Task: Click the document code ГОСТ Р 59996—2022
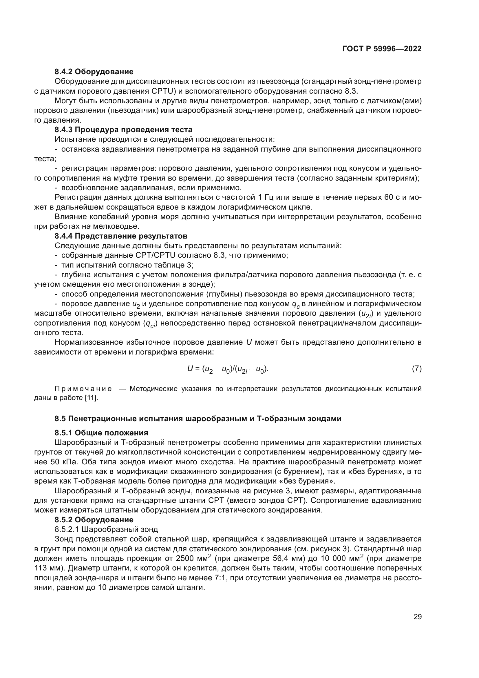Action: (x=382, y=49)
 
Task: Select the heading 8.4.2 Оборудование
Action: (x=94, y=72)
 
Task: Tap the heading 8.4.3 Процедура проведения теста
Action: (x=123, y=130)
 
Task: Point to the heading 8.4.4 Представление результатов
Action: (x=121, y=236)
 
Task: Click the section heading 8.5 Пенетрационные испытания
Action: (x=198, y=419)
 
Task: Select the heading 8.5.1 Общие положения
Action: (x=101, y=433)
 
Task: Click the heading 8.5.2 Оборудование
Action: (x=94, y=520)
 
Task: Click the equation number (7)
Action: (x=416, y=368)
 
